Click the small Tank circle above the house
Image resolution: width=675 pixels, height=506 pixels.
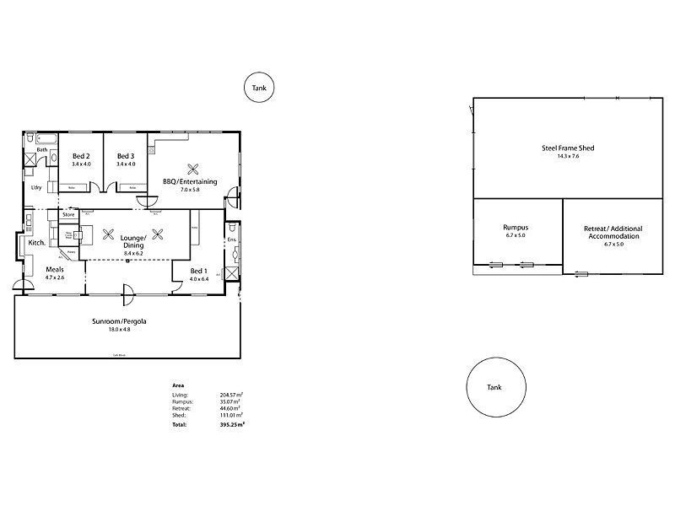[259, 88]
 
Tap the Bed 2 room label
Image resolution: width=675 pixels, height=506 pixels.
[81, 156]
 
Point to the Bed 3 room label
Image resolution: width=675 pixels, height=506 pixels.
[126, 156]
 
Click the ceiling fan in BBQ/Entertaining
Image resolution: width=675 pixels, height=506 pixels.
[193, 166]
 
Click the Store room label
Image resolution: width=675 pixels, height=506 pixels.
[68, 215]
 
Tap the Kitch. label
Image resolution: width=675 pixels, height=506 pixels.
[36, 243]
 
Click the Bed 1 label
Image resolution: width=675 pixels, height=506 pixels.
[198, 270]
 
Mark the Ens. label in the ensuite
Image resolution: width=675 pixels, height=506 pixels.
[233, 240]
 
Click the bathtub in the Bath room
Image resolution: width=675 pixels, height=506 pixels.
[40, 139]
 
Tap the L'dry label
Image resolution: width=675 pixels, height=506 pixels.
[36, 188]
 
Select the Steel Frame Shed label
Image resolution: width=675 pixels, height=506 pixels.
[568, 148]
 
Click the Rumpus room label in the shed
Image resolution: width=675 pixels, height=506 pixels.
[516, 227]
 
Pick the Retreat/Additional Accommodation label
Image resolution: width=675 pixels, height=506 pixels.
[612, 233]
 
